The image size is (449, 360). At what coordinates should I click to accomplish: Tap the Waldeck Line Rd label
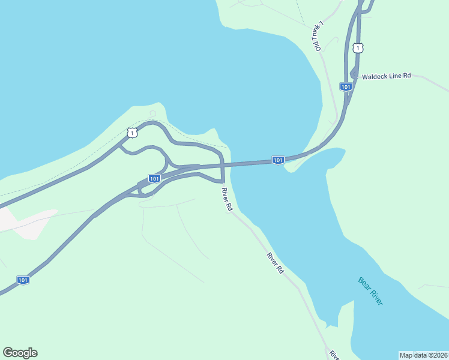click(x=386, y=76)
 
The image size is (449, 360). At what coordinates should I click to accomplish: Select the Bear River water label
click(x=370, y=290)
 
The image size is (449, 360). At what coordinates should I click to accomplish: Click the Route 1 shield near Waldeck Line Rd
click(x=358, y=47)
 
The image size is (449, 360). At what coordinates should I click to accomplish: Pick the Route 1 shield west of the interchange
click(x=132, y=131)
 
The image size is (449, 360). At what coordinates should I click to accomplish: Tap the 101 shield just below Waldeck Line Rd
click(x=346, y=87)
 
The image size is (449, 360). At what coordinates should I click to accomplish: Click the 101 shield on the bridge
click(x=277, y=160)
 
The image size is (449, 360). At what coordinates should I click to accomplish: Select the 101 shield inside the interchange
click(x=154, y=178)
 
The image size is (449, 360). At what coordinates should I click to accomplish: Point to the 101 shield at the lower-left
click(x=22, y=280)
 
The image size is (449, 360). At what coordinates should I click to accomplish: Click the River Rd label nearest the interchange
click(x=226, y=199)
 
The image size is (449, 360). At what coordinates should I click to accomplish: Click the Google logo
click(x=20, y=353)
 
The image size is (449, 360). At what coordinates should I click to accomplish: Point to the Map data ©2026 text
click(x=423, y=355)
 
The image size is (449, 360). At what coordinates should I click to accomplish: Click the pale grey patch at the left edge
click(x=24, y=222)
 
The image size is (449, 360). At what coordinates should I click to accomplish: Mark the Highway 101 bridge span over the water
click(x=258, y=161)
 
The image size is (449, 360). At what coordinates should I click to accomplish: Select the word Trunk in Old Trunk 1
click(x=316, y=35)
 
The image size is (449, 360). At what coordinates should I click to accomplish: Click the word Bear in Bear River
click(x=364, y=283)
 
